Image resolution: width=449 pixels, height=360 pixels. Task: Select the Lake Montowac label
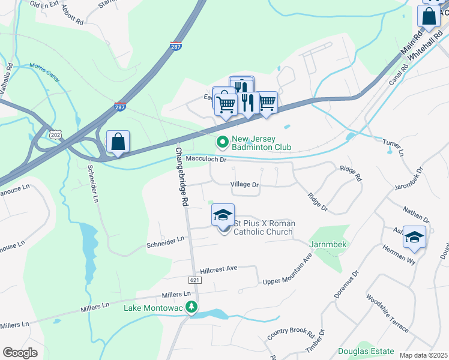tap(152, 308)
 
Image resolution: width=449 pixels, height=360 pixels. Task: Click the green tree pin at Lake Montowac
tap(191, 308)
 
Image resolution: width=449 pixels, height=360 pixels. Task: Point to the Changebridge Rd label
tap(179, 178)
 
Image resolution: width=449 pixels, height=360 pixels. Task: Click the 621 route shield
tap(193, 280)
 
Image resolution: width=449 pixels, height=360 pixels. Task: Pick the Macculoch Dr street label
tap(206, 160)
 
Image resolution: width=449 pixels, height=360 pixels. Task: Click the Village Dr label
tap(244, 185)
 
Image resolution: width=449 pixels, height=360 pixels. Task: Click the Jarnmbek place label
tap(329, 245)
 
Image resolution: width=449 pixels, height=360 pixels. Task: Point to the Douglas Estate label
tap(366, 351)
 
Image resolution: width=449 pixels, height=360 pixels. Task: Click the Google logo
tap(20, 353)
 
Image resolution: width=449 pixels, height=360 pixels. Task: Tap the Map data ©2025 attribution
tap(423, 355)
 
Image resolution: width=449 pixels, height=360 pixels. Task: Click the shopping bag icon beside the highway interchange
tap(118, 142)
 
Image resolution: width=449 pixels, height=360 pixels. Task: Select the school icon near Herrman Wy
tap(414, 238)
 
